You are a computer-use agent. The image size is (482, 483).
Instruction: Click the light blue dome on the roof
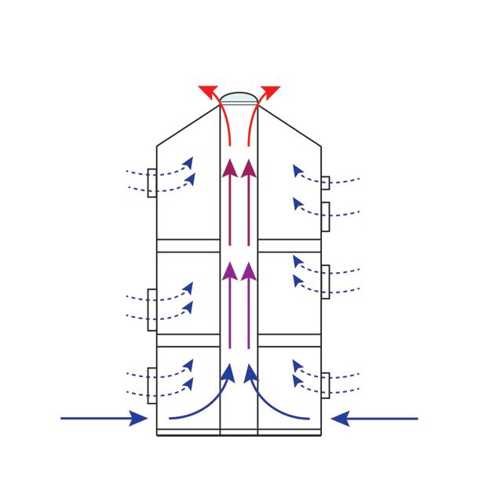[238, 98]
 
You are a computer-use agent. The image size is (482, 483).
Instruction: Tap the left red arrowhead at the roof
[208, 90]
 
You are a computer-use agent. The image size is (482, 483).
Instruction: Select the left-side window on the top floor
[152, 182]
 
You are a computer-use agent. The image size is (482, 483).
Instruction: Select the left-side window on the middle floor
[152, 304]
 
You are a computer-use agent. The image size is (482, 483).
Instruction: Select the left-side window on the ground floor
[152, 384]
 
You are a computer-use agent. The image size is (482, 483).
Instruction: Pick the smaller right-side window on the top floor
[325, 183]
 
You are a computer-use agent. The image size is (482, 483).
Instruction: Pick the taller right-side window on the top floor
[325, 216]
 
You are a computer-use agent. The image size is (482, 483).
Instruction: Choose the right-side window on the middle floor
[325, 281]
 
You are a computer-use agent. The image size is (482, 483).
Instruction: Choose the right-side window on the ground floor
[325, 385]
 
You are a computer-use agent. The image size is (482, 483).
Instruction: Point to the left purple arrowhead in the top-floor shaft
[229, 167]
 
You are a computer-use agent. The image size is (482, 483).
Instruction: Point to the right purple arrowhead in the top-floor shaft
[249, 167]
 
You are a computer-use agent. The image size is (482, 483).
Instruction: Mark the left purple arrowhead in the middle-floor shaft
[229, 271]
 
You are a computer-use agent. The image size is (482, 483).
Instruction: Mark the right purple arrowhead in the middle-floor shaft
[249, 271]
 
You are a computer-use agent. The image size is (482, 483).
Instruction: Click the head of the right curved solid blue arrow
[250, 372]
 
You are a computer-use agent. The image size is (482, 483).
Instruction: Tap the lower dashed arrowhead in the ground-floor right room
[298, 381]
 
